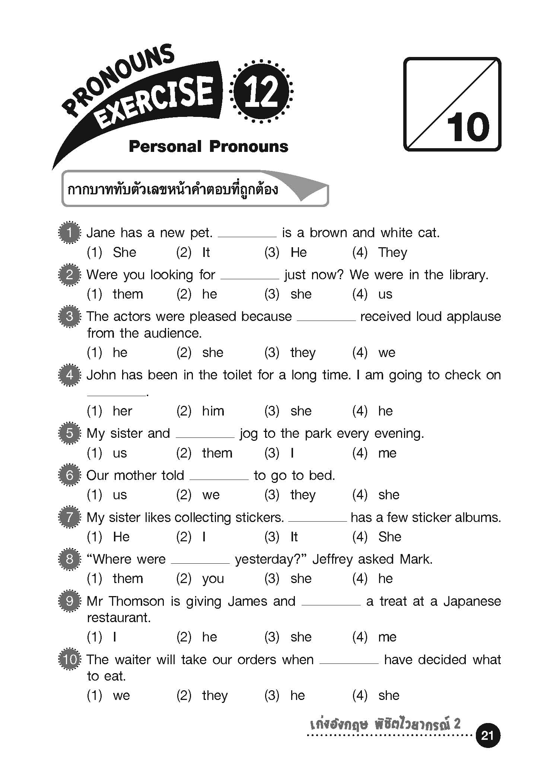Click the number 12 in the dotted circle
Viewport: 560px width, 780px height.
tap(261, 92)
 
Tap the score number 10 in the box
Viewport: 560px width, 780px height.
tap(468, 127)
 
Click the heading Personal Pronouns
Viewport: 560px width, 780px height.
tap(208, 147)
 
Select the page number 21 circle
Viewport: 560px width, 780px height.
tap(487, 735)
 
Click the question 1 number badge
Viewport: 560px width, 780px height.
tap(70, 233)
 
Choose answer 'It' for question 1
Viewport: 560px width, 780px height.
tap(206, 253)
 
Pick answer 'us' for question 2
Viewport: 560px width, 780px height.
tap(385, 295)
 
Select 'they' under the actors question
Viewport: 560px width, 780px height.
tap(303, 353)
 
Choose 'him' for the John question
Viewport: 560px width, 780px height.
tap(213, 411)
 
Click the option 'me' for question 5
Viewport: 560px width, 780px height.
tap(387, 453)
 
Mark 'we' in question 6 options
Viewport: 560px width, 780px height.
tap(211, 495)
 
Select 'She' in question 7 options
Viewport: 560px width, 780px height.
tap(389, 537)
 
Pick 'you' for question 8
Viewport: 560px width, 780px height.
tap(213, 579)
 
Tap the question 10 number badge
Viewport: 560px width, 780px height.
tap(70, 660)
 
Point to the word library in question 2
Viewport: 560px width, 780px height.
tap(468, 275)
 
